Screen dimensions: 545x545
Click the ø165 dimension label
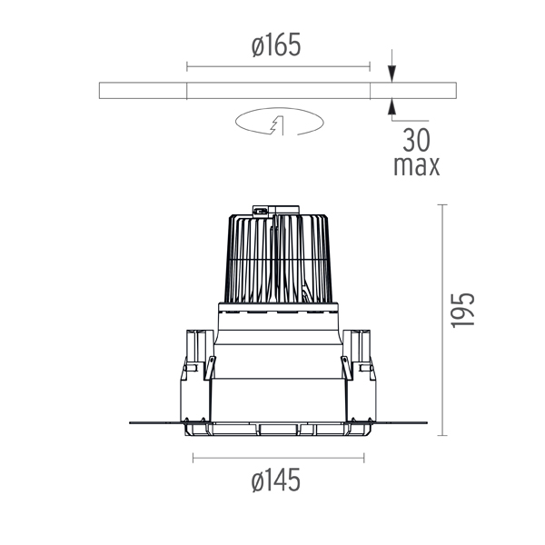pos(275,45)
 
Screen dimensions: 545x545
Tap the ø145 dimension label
pos(275,480)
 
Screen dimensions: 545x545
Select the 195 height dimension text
pos(462,311)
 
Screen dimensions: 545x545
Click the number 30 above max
pos(416,140)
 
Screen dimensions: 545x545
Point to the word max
pos(416,166)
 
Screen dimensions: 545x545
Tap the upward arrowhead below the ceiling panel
pos(392,107)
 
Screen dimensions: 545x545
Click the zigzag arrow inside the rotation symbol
pos(277,125)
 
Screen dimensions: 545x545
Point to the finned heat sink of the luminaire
pos(278,258)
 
